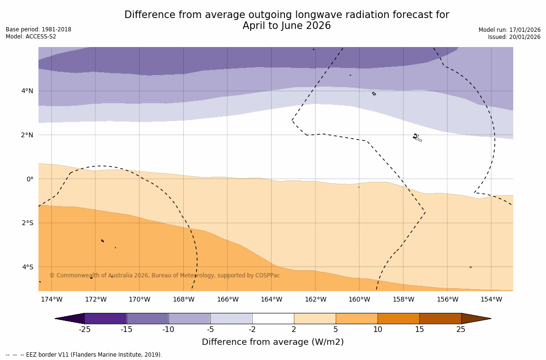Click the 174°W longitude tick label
point(51,299)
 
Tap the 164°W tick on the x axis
point(271,299)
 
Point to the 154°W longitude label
point(491,299)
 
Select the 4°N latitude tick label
point(28,91)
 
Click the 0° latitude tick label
point(30,179)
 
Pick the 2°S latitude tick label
point(28,223)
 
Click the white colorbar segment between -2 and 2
point(273,318)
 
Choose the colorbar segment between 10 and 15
point(398,318)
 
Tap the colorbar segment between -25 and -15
point(105,318)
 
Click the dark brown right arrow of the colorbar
point(475,318)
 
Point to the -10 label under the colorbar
point(168,330)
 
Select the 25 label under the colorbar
point(461,330)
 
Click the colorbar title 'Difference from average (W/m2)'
point(273,342)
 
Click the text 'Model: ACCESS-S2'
point(31,37)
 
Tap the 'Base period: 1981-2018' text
point(38,29)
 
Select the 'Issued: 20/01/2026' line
point(514,37)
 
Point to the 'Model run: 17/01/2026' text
point(509,30)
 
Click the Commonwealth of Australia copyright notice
point(165,275)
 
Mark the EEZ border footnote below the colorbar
point(84,355)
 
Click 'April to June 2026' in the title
point(286,26)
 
